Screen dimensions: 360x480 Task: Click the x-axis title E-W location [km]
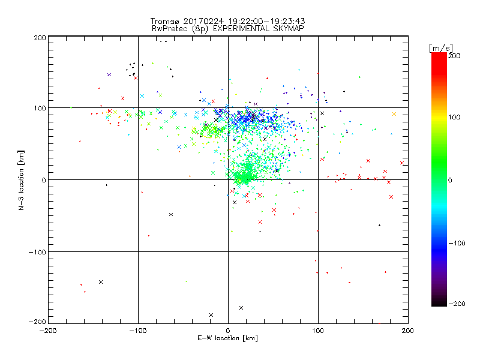tap(227, 338)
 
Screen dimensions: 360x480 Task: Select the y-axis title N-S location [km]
tap(22, 179)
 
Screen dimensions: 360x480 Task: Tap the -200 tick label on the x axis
tap(48, 330)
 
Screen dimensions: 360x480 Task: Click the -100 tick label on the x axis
tap(138, 330)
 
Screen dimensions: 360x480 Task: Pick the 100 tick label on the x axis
tap(318, 330)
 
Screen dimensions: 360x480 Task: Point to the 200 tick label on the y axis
tap(40, 38)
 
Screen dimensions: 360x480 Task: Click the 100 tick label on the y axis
tap(40, 109)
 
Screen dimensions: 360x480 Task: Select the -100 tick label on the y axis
tap(37, 252)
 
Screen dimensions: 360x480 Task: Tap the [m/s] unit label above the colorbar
tap(440, 47)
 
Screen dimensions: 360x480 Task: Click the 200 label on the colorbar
tap(454, 55)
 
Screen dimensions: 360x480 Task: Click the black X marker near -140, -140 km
tap(101, 282)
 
